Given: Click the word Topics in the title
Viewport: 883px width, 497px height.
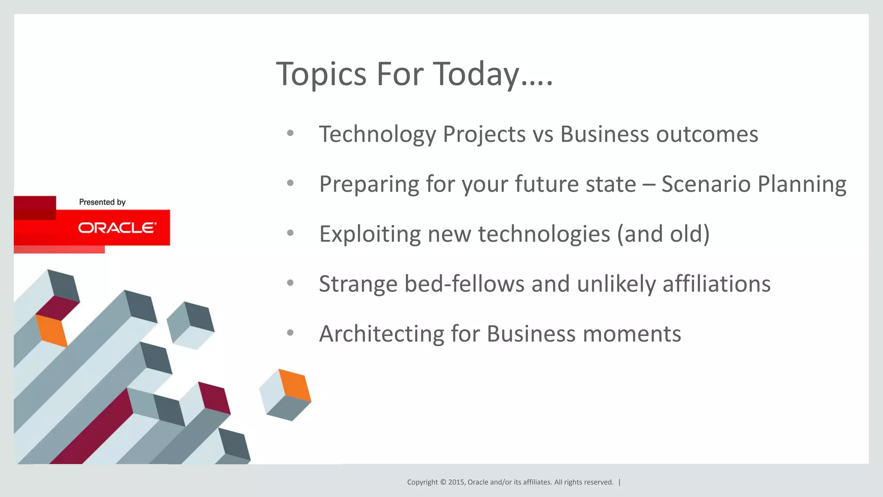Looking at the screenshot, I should [x=321, y=74].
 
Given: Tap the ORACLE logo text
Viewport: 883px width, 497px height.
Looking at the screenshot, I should [x=117, y=228].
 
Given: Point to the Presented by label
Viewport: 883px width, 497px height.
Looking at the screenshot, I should [x=102, y=202].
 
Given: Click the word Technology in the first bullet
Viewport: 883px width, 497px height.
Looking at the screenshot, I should [x=377, y=134].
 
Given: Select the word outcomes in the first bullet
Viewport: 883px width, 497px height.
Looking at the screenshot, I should [x=707, y=134].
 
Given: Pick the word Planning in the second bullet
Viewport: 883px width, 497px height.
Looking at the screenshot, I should [x=802, y=185].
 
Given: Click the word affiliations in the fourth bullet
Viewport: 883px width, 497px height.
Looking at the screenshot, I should [x=716, y=284].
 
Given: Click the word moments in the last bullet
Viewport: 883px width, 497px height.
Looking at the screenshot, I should [x=632, y=334].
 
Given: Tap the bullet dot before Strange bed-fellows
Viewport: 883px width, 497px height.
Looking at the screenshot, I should [x=290, y=283].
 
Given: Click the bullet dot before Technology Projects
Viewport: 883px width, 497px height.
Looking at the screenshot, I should [x=290, y=133].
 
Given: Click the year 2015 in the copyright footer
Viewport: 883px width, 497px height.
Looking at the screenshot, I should [x=456, y=482].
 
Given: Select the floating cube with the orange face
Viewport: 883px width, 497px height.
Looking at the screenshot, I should [x=285, y=394].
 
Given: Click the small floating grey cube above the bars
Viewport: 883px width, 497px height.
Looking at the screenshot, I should [x=190, y=325].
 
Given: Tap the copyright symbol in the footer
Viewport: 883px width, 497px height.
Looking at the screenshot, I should [x=443, y=482].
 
